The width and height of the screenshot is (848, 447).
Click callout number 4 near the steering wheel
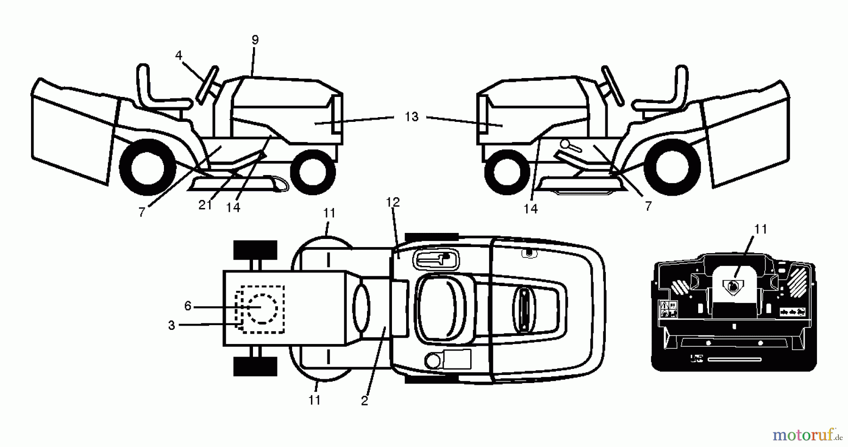pyautogui.click(x=179, y=56)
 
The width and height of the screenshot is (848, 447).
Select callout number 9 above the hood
pyautogui.click(x=255, y=40)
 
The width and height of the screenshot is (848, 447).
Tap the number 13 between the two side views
pyautogui.click(x=411, y=117)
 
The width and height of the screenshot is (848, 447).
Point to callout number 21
pyautogui.click(x=205, y=205)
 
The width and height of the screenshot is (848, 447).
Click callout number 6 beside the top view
pyautogui.click(x=188, y=306)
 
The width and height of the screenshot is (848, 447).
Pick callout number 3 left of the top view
pyautogui.click(x=171, y=325)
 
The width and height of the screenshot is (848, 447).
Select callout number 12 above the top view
pyautogui.click(x=392, y=202)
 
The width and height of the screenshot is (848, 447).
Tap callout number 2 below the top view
pyautogui.click(x=364, y=401)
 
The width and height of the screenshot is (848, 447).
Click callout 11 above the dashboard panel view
pyautogui.click(x=760, y=229)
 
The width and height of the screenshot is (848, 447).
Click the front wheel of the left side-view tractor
pyautogui.click(x=313, y=172)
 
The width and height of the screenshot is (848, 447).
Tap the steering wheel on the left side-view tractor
pyautogui.click(x=208, y=84)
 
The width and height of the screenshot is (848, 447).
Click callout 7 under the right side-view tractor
pyautogui.click(x=648, y=206)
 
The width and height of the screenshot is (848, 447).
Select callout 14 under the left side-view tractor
pyautogui.click(x=233, y=208)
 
